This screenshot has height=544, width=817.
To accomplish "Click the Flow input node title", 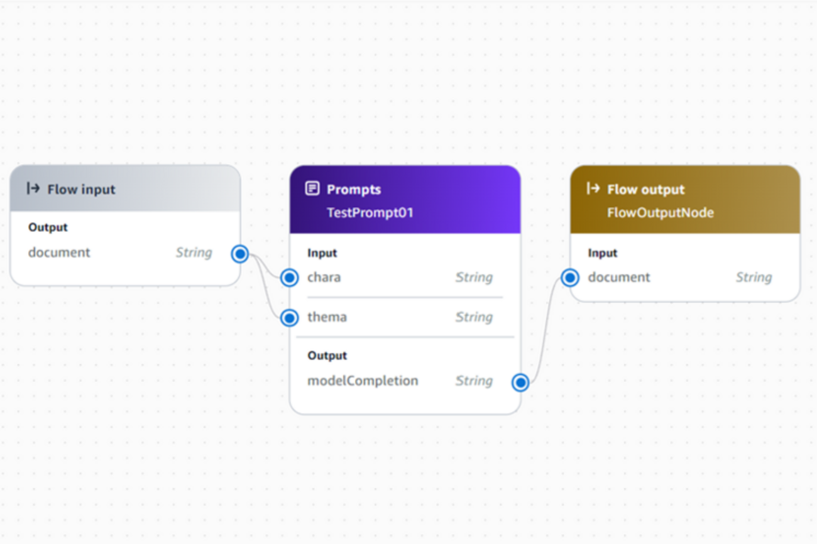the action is coord(81,190).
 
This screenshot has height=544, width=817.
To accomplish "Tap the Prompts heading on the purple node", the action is coord(354,190).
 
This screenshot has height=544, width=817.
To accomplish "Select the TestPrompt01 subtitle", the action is coord(370,212).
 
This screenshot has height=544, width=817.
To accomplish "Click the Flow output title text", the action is coord(645,190).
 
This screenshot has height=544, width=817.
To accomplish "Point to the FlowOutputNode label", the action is coord(660,212).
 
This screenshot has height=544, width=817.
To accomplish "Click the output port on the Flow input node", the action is coord(240,254).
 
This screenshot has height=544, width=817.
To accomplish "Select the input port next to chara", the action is coord(290,278).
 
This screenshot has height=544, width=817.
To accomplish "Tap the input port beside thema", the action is coord(290,318).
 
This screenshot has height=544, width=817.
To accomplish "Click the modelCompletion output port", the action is coord(520,383).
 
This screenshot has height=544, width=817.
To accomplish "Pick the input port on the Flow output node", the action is coord(570,278).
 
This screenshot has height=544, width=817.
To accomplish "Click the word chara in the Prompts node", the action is coord(324,278).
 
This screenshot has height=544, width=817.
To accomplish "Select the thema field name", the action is coord(327,317).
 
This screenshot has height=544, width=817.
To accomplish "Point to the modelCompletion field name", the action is coord(363,381).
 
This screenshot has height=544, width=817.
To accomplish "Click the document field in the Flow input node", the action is coord(59,253).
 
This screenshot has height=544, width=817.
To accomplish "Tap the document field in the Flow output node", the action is coord(619,278).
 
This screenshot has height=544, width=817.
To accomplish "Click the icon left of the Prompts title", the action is coord(312,188).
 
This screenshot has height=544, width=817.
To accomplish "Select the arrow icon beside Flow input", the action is coord(33,188).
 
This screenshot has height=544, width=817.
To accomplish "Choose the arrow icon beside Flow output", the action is coord(593,188).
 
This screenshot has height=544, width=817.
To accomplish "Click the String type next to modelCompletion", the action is coord(474,381).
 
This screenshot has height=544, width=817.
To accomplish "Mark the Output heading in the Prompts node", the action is coord(327,356).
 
